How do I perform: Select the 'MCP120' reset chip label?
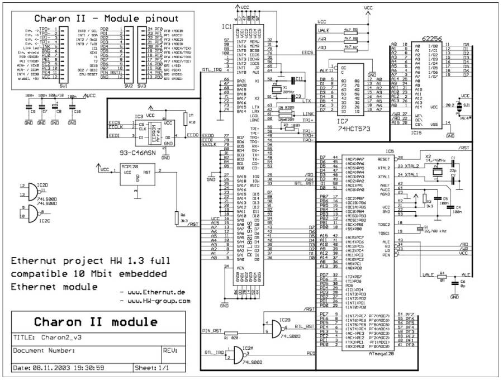pos(130,166)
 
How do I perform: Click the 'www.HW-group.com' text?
pos(159,300)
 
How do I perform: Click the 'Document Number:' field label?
pos(44,351)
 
